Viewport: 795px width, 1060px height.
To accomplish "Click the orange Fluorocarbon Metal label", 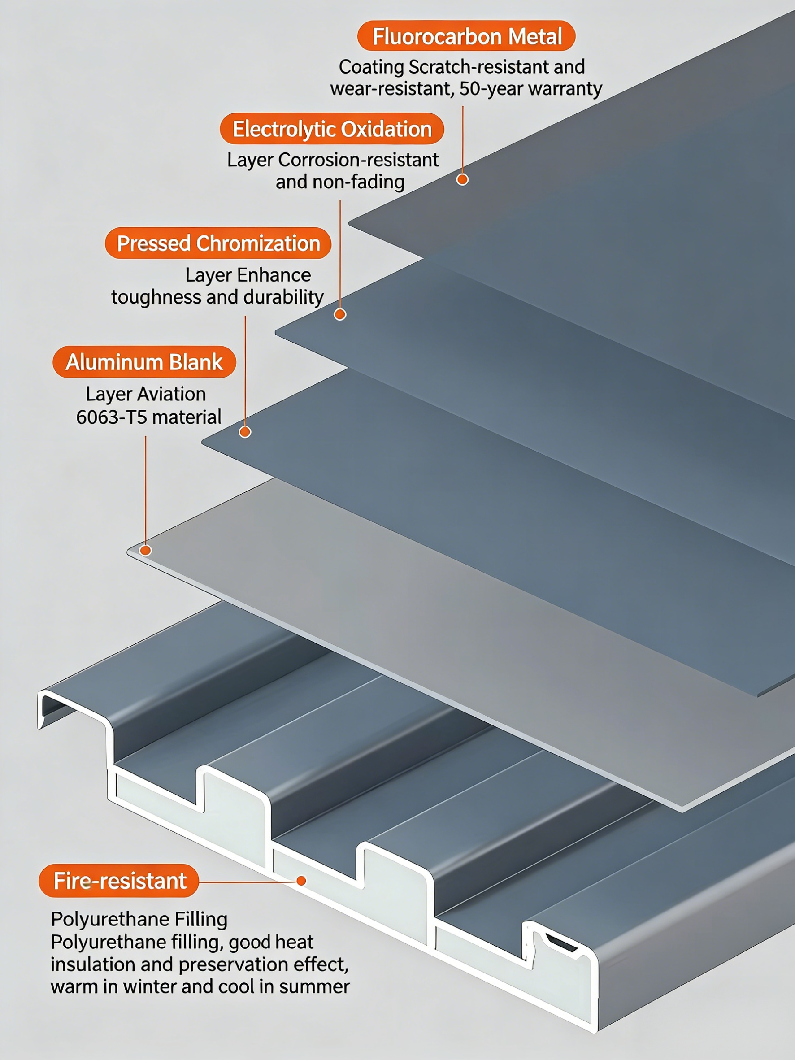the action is (x=466, y=36).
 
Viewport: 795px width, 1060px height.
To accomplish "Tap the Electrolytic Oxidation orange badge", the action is (x=332, y=129).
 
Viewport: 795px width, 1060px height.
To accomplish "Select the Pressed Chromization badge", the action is (x=218, y=243).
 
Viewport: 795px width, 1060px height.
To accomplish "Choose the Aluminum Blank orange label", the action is (x=144, y=362).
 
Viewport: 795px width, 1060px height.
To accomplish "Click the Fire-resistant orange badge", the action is (x=119, y=881).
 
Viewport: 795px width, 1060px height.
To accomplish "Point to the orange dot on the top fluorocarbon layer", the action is (x=462, y=179).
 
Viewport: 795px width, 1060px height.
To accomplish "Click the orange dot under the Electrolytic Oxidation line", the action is (x=340, y=314).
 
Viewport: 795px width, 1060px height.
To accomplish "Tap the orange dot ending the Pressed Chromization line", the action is (x=245, y=432).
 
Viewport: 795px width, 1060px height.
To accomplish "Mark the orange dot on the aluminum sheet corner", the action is (x=145, y=550).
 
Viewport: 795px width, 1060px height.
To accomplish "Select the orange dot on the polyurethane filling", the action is (x=301, y=881).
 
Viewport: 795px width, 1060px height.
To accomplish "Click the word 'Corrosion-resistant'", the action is (x=358, y=160).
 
